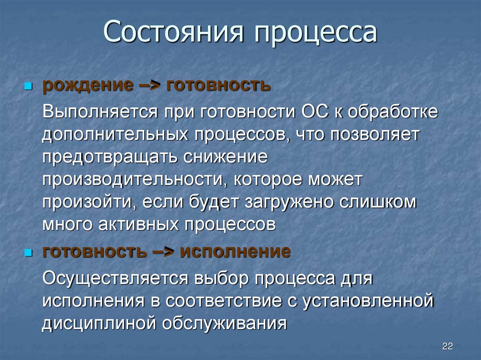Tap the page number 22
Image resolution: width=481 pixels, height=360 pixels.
pyautogui.click(x=447, y=346)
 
